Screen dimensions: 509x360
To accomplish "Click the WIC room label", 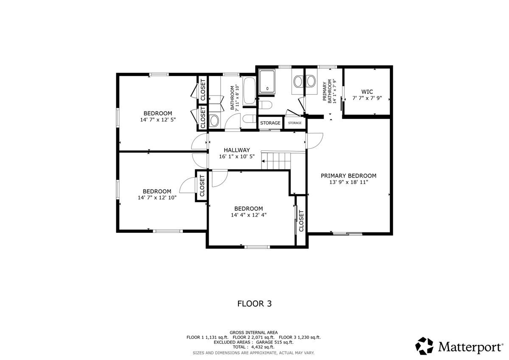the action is tap(367, 92).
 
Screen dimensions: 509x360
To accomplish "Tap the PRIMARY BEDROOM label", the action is tap(348, 176).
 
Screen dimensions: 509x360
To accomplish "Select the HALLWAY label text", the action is tap(237, 150).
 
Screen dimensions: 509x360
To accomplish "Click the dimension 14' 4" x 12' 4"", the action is tap(249, 215).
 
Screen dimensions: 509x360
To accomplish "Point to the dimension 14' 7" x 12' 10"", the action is tap(157, 198).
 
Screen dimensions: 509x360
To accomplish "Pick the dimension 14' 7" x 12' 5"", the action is tap(158, 120).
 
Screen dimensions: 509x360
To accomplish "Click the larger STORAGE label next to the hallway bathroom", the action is tap(270, 123).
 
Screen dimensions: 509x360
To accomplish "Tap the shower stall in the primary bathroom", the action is tap(267, 81).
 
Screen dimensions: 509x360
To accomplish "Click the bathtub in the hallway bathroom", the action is tap(249, 91).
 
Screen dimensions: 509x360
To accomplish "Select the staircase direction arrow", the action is tap(263, 161).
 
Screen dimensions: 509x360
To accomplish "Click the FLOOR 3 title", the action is tap(255, 304).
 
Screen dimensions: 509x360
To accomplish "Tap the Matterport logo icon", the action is tap(424, 346).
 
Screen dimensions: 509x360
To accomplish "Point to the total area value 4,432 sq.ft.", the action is tap(263, 347).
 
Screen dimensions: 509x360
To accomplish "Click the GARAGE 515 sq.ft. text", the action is tap(275, 342).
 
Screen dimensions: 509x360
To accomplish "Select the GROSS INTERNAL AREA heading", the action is tap(254, 332).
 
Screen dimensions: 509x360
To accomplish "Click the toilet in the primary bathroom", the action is tap(265, 105).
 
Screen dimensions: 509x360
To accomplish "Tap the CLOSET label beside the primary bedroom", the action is tap(301, 221).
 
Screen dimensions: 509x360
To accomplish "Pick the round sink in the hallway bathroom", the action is tap(214, 120).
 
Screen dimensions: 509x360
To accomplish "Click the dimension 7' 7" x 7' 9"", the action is tap(367, 98).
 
